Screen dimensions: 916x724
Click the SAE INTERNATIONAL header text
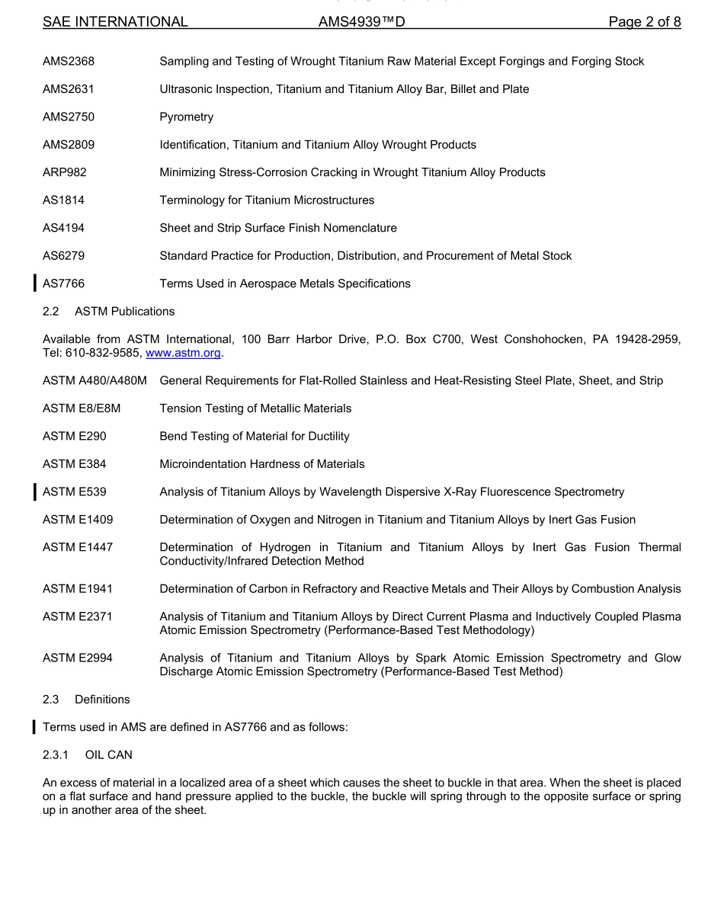[115, 22]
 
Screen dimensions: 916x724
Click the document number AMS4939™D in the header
[362, 22]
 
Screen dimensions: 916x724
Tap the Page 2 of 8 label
[644, 22]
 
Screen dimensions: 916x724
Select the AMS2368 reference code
[69, 62]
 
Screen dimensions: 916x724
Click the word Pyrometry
[186, 117]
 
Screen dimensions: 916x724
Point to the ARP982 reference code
[65, 173]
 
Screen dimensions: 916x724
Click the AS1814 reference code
[64, 200]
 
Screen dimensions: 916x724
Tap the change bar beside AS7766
[34, 283]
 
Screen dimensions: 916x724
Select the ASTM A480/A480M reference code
[95, 381]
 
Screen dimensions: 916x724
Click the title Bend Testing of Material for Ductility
[254, 437]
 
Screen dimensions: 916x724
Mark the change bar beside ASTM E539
[34, 492]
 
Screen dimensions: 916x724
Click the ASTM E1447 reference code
[78, 547]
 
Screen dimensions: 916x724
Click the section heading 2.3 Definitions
[86, 700]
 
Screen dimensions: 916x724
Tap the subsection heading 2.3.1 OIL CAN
[89, 755]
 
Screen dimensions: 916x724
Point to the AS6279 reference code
[64, 256]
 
